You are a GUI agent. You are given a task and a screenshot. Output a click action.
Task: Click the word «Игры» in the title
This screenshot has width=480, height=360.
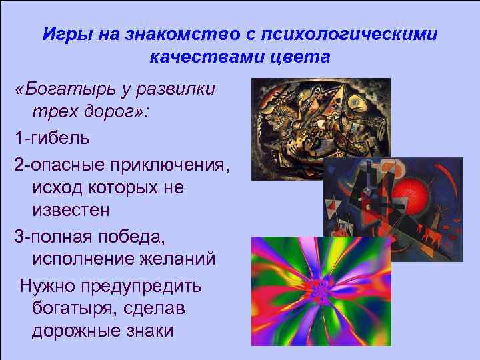(63, 34)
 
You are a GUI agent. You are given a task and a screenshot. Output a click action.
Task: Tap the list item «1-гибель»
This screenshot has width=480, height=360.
(49, 139)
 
